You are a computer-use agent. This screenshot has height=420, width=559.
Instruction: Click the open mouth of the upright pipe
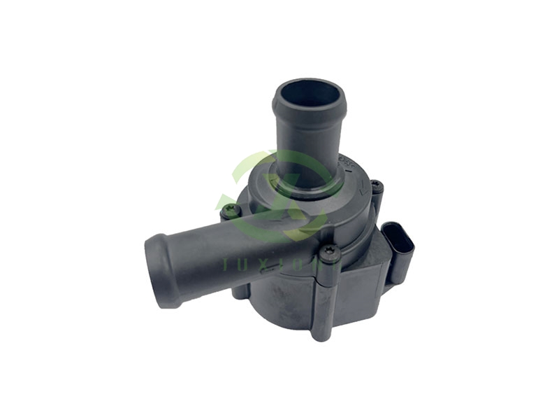click(309, 93)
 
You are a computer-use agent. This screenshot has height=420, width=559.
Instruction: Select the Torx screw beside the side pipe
click(230, 209)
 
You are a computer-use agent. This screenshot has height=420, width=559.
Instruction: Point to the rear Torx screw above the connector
click(376, 187)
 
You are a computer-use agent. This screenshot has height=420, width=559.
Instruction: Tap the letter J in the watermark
click(226, 264)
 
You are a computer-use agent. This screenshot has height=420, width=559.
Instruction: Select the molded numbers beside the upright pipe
click(346, 163)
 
